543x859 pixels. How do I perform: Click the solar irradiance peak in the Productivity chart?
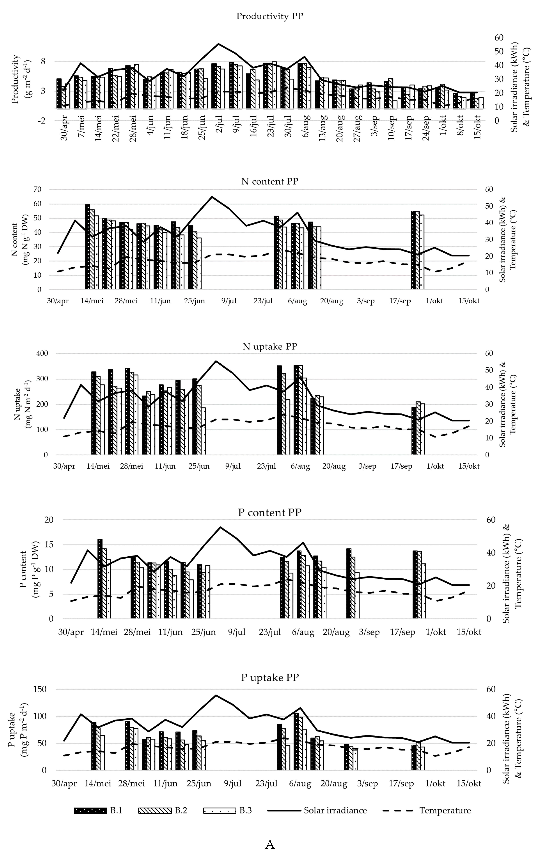[218, 44]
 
